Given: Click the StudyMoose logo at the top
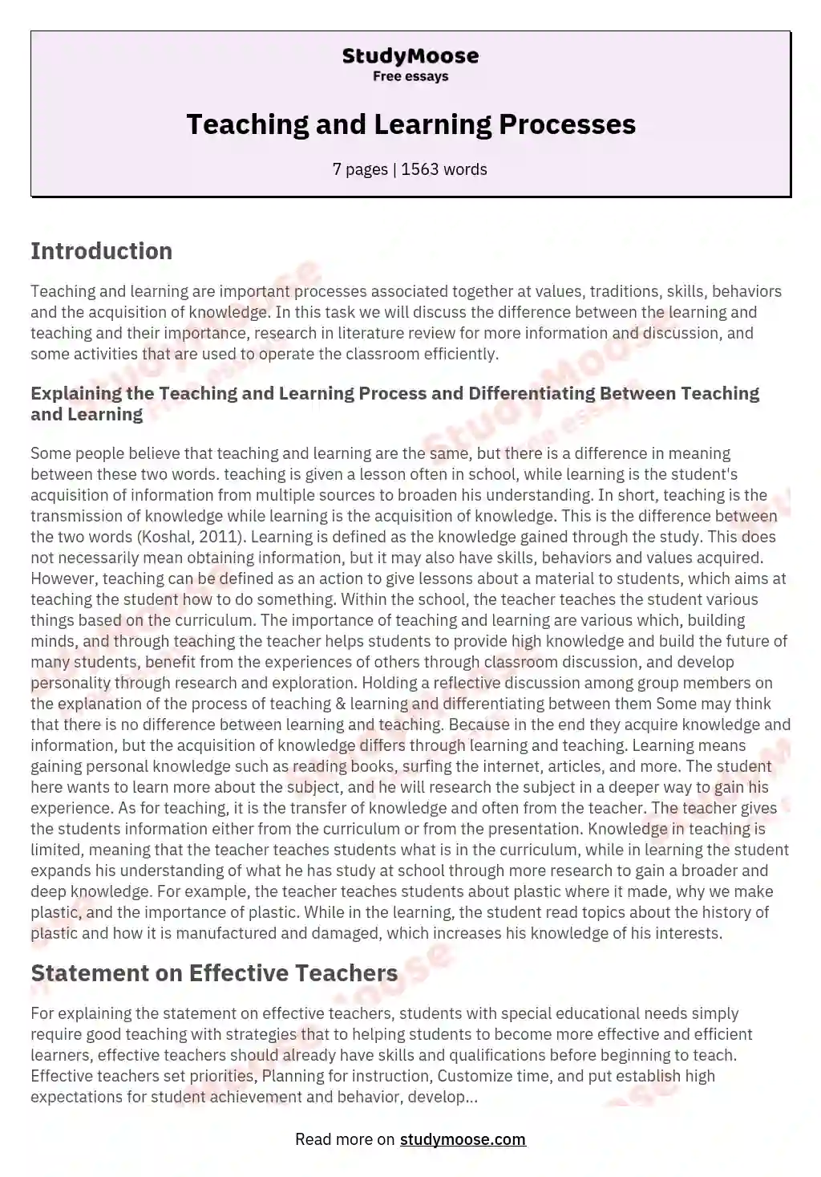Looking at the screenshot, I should click(410, 55).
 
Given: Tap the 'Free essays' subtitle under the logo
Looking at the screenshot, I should click(410, 77).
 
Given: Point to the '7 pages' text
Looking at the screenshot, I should click(360, 169).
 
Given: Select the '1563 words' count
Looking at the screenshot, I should click(444, 169).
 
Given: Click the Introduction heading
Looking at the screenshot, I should click(101, 251).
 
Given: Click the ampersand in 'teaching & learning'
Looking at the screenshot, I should click(312, 704).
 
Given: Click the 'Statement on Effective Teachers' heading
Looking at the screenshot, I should click(214, 973).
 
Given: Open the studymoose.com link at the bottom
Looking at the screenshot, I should click(463, 1139).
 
